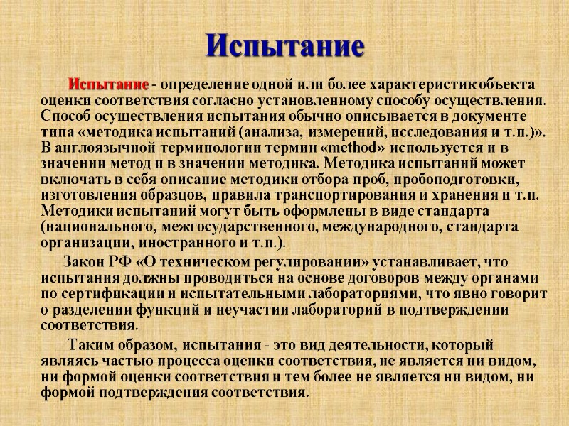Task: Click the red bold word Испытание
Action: [x=108, y=84]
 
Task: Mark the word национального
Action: [x=98, y=225]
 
